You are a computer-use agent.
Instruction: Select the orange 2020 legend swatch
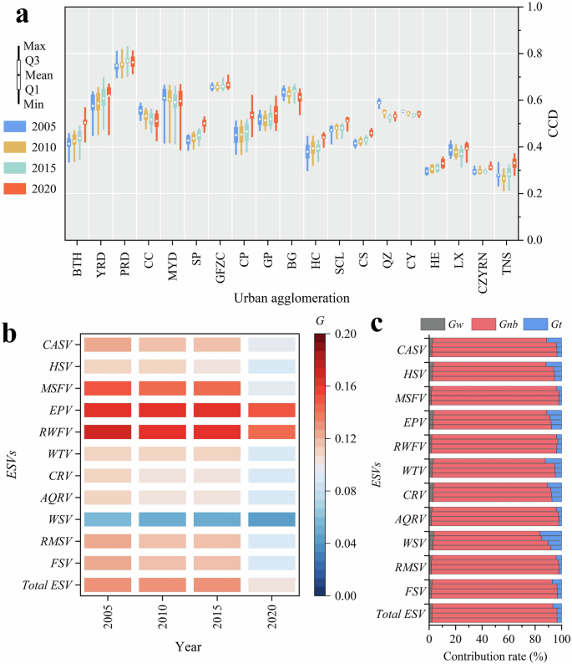pyautogui.click(x=18, y=188)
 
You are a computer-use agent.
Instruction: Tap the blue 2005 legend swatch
pyautogui.click(x=18, y=125)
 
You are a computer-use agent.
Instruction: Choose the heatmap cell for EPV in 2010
pyautogui.click(x=161, y=410)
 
